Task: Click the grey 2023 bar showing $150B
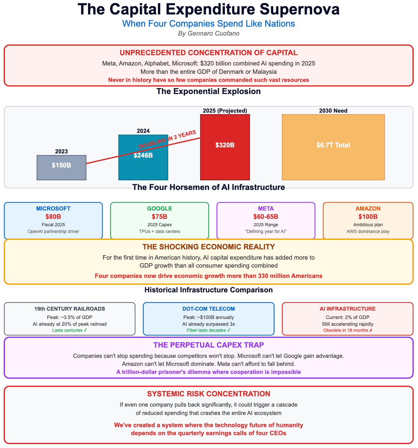click(x=61, y=168)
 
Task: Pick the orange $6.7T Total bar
click(x=333, y=147)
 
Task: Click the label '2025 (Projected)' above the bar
click(x=225, y=111)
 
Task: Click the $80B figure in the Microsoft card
click(x=53, y=217)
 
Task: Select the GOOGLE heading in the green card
click(x=160, y=209)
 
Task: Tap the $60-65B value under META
click(x=266, y=217)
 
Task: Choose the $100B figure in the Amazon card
click(x=368, y=217)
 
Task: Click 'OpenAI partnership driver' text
click(x=53, y=231)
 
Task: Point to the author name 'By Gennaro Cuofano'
click(x=209, y=33)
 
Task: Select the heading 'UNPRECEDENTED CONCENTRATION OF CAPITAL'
click(x=209, y=53)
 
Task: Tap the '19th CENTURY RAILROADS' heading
click(x=70, y=309)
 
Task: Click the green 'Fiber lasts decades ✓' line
click(x=209, y=330)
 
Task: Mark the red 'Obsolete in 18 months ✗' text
click(x=348, y=330)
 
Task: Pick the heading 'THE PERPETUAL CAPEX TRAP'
click(x=209, y=345)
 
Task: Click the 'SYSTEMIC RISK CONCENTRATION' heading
click(x=209, y=394)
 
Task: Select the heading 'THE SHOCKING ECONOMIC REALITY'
click(x=209, y=247)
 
